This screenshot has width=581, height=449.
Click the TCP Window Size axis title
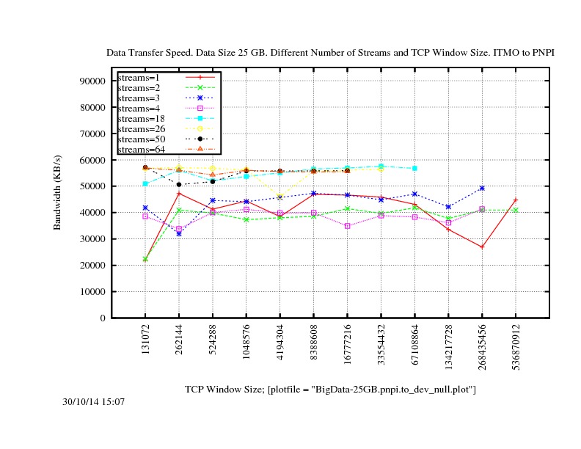coord(330,389)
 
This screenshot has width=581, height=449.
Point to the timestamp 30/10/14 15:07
coord(93,402)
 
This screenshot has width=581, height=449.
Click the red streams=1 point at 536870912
coord(516,200)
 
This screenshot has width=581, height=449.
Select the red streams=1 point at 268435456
coord(482,247)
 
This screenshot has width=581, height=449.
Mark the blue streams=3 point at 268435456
coord(482,188)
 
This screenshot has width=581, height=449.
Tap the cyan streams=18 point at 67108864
coord(414,168)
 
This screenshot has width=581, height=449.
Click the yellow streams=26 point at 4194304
coord(279,197)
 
